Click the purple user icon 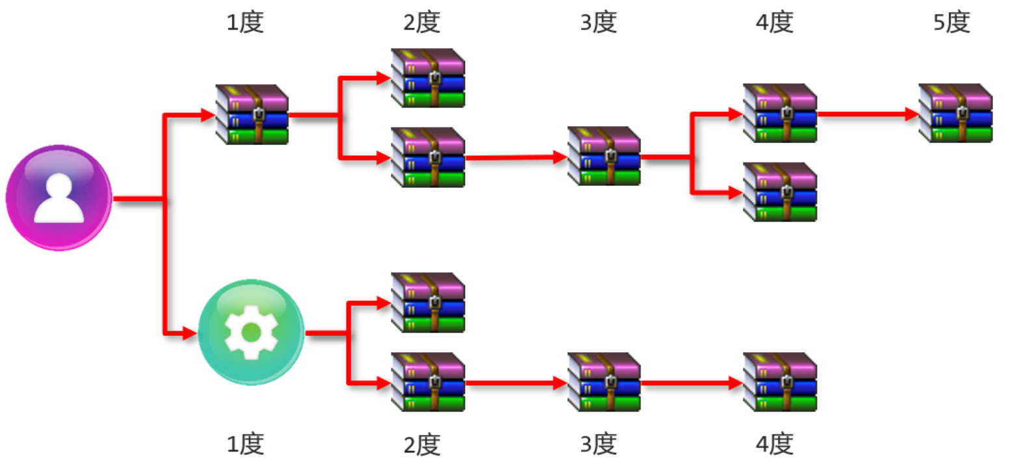pos(59,197)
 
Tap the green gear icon pos(250,332)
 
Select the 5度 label pos(951,23)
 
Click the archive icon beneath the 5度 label pos(955,113)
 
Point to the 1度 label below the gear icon pos(245,445)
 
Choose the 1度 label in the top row pos(245,23)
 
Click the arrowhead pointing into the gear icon pos(189,333)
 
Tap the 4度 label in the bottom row pos(775,445)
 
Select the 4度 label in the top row pos(775,23)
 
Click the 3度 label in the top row pos(598,23)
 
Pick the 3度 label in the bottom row pos(598,445)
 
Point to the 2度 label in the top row pos(421,23)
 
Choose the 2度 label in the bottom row pos(421,445)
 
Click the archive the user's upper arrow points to pos(252,114)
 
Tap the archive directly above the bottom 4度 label pos(780,382)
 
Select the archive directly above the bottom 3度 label pos(604,382)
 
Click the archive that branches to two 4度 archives pos(604,156)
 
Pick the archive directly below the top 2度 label pos(428,78)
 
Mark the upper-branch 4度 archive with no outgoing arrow pos(780,192)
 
